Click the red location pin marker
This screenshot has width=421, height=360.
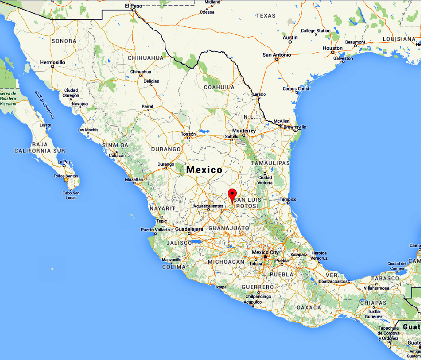click(232, 194)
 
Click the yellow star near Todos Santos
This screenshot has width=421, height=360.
click(66, 179)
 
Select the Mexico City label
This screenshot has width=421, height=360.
click(265, 252)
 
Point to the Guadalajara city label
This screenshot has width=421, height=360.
click(189, 229)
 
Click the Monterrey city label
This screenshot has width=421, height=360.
click(244, 131)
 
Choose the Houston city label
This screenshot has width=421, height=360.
click(332, 48)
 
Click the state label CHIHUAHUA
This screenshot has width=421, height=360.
click(146, 58)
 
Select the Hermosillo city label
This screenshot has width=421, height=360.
click(52, 62)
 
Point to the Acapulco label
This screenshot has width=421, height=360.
click(253, 302)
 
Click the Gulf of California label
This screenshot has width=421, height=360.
click(45, 105)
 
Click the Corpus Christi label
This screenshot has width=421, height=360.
click(297, 88)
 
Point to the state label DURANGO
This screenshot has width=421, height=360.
click(166, 149)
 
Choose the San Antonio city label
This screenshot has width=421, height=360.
click(277, 55)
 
